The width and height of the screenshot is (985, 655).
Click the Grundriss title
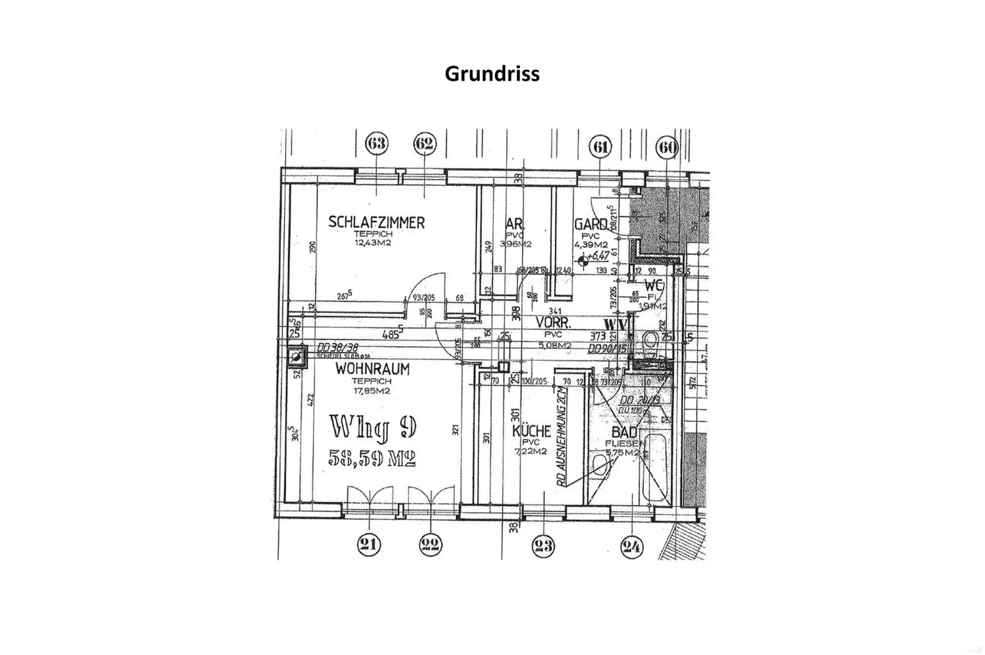(x=492, y=74)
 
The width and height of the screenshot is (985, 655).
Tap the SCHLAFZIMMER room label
(x=376, y=222)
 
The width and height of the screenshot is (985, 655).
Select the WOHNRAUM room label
(x=372, y=370)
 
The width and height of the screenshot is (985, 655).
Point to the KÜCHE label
(x=532, y=431)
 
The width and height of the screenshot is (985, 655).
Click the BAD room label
(x=624, y=433)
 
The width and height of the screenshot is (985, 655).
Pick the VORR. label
(x=553, y=322)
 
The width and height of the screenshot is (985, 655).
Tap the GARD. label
(x=591, y=224)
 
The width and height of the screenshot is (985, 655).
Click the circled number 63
(x=376, y=144)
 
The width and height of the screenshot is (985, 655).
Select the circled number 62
(x=425, y=144)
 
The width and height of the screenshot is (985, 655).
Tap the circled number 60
(x=667, y=147)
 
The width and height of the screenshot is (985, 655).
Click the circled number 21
(x=368, y=545)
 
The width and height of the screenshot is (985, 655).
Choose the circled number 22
(x=430, y=545)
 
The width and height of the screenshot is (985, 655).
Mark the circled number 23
(x=543, y=546)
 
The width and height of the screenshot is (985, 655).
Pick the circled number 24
(x=632, y=547)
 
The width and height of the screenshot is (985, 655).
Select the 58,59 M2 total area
(x=373, y=458)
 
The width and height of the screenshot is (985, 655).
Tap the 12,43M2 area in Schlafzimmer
(x=373, y=243)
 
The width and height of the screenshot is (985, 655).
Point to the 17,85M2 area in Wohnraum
(x=372, y=391)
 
